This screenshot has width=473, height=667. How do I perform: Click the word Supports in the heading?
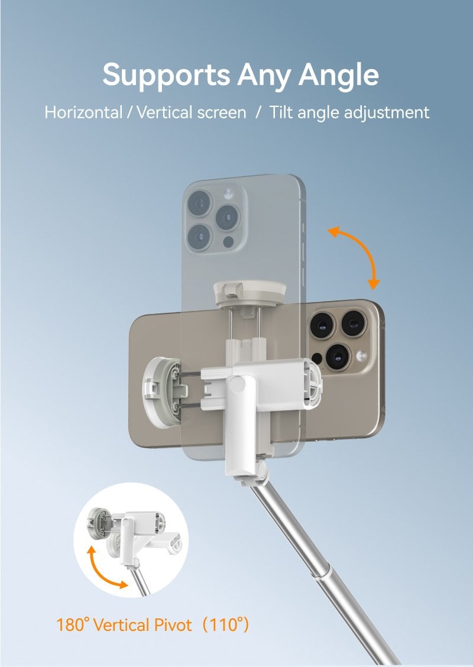click(166, 76)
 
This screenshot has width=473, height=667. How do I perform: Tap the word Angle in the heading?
click(338, 76)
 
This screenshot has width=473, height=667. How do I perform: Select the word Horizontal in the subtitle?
click(83, 113)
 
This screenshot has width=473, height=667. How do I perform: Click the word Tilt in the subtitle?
click(281, 113)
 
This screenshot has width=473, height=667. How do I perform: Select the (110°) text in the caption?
click(225, 625)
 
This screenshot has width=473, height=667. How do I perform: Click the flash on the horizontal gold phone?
click(362, 355)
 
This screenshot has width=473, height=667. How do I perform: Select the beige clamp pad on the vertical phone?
click(250, 293)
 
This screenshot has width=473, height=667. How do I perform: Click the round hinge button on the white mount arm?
click(237, 384)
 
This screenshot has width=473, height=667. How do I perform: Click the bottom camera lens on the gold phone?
click(338, 356)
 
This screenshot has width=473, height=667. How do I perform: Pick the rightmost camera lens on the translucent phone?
click(227, 218)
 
